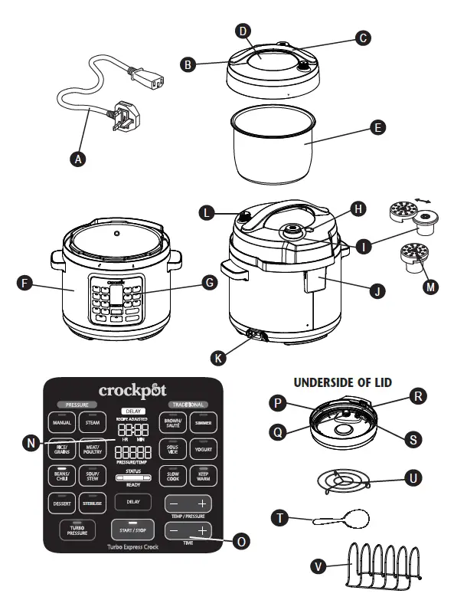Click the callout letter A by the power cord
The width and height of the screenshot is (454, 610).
[x=76, y=159]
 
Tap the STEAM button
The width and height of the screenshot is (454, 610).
[x=93, y=422]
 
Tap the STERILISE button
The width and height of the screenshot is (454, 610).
[x=93, y=503]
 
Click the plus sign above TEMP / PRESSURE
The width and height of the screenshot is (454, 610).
[x=201, y=503]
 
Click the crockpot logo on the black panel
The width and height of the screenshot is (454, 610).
[x=132, y=391]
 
